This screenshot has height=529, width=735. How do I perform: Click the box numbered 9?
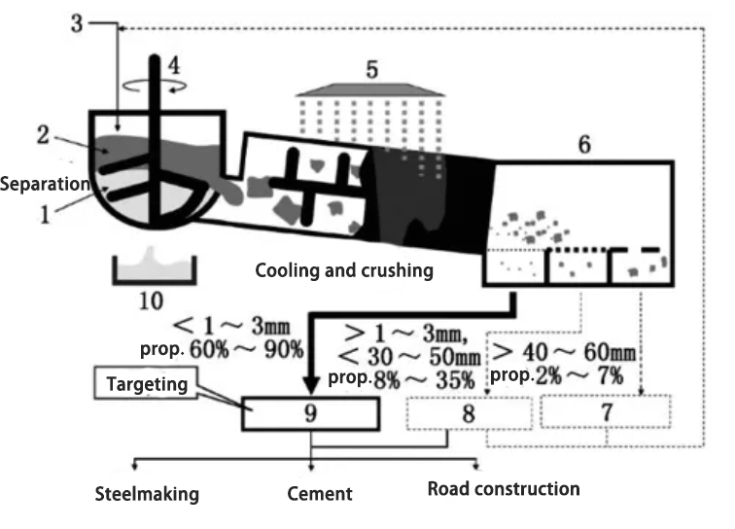point(310,413)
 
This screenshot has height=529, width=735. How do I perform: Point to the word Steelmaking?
point(146,495)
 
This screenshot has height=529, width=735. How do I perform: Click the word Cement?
point(320,495)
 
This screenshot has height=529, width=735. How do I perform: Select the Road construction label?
point(504,488)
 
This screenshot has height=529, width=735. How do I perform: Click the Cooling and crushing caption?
point(344,270)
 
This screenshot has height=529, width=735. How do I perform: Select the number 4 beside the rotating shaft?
point(174,67)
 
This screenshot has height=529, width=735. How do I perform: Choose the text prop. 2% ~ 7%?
point(556,374)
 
